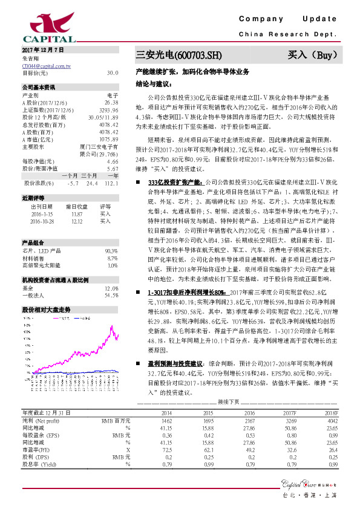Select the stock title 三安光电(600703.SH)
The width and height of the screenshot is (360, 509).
pyautogui.click(x=175, y=56)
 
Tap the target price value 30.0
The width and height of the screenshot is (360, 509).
pyautogui.click(x=113, y=73)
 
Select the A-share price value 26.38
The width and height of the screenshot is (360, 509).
pyautogui.click(x=111, y=103)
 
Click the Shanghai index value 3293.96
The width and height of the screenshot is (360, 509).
pyautogui.click(x=109, y=110)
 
